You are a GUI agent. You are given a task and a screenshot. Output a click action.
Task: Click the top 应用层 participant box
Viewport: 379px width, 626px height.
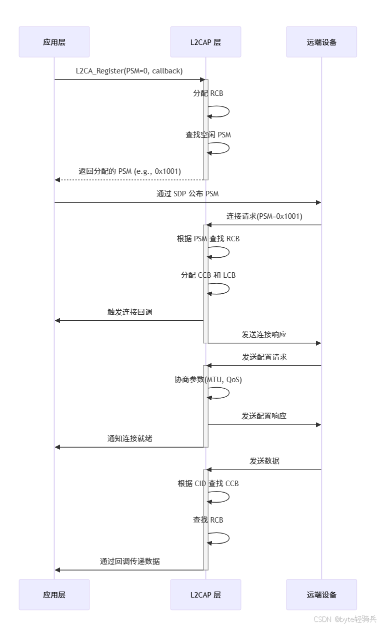click(x=54, y=42)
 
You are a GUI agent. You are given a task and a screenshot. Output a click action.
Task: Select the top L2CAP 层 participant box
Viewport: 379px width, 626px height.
click(x=205, y=42)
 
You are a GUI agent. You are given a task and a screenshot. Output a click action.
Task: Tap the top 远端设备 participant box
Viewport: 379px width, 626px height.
click(x=321, y=42)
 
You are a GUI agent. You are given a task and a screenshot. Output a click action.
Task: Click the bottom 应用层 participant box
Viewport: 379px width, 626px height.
click(x=54, y=595)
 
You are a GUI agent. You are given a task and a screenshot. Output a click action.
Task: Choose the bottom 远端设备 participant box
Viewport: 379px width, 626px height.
click(x=321, y=595)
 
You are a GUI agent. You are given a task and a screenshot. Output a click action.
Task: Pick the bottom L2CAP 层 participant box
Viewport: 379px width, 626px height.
click(x=205, y=595)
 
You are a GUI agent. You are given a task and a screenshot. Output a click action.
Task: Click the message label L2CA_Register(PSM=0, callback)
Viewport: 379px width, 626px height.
click(x=129, y=71)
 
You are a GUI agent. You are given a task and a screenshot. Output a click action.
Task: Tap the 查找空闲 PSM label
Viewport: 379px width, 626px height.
click(x=208, y=135)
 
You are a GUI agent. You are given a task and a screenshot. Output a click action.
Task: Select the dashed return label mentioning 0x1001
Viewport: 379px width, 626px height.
click(x=129, y=171)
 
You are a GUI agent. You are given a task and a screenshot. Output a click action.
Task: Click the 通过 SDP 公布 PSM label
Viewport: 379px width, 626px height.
click(x=187, y=194)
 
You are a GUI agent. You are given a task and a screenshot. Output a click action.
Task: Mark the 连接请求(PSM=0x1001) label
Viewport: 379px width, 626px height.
click(x=264, y=216)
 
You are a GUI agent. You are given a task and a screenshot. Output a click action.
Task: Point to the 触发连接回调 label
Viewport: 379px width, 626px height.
click(x=129, y=312)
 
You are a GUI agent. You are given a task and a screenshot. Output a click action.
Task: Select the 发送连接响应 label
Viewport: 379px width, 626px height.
click(x=264, y=334)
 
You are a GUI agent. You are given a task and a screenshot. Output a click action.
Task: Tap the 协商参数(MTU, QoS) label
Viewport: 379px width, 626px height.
click(x=208, y=380)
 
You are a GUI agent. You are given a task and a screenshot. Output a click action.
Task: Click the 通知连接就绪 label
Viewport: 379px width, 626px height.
click(x=129, y=439)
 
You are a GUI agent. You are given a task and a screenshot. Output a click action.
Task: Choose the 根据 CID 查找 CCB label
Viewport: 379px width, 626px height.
click(x=208, y=484)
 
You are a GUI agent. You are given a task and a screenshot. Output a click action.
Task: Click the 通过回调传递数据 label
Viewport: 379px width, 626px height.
click(x=129, y=561)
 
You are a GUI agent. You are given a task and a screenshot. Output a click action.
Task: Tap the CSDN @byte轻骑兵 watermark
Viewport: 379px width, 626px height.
click(x=344, y=619)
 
